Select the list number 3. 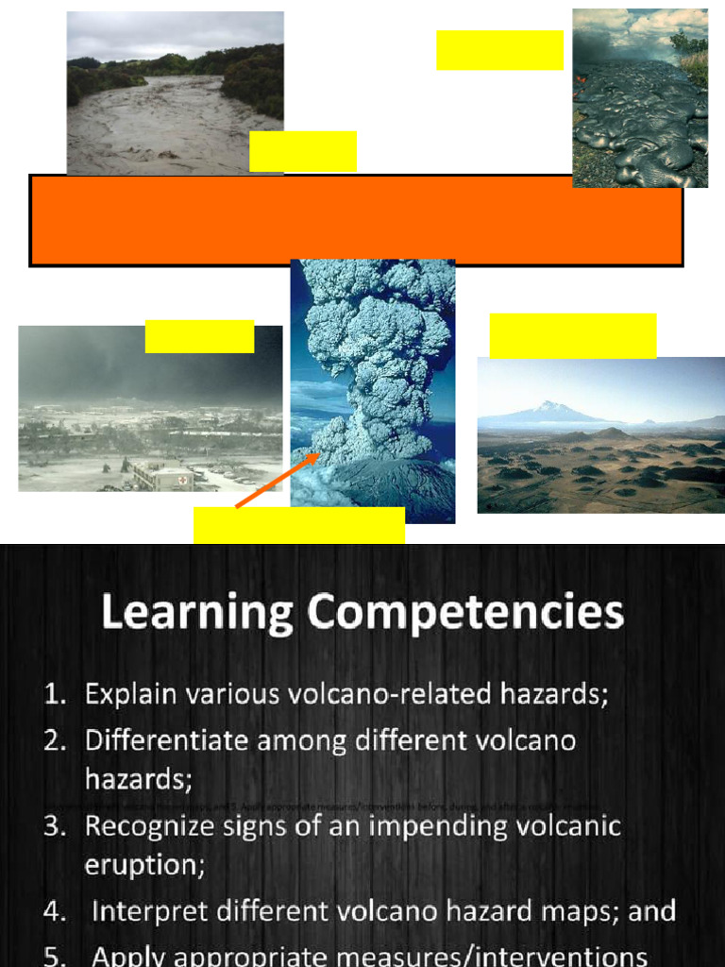pos(54,827)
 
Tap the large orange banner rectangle pos(356,220)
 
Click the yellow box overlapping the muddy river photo pos(303,151)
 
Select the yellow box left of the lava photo pos(499,50)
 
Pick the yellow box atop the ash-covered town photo pos(199,336)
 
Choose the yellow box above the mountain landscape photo pos(573,335)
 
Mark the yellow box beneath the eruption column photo pos(299,525)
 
